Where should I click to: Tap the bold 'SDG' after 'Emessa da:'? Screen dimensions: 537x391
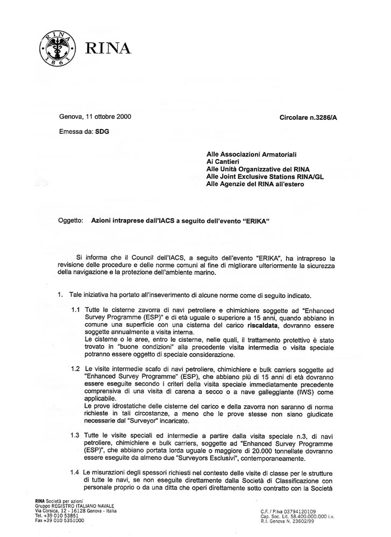(102, 132)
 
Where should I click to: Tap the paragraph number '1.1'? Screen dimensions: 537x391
(77, 311)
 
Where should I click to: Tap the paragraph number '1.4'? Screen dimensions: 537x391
(77, 472)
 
